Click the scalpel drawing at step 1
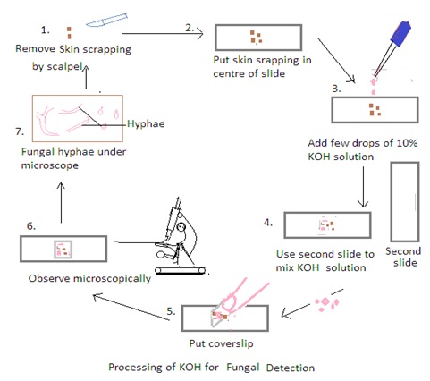[106, 21]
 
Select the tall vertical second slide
[405, 202]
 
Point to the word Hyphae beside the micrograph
[146, 123]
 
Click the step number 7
[20, 131]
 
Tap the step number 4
[268, 223]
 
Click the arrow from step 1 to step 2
[163, 33]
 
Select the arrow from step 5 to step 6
[131, 307]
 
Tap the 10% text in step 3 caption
[407, 143]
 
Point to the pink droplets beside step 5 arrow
[327, 302]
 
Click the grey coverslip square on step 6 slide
[63, 250]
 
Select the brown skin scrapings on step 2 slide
[256, 37]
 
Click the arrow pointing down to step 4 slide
[363, 187]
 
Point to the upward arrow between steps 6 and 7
[61, 202]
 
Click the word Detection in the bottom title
[291, 367]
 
